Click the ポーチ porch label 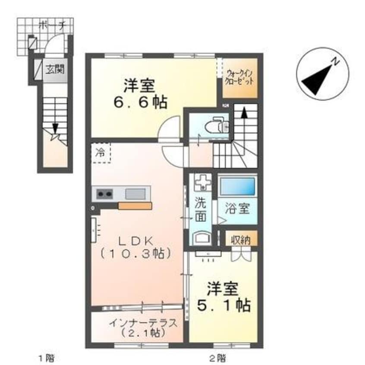[x=51, y=25]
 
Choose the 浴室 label [x=238, y=209]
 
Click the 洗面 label [x=200, y=208]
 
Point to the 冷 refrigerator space [x=101, y=152]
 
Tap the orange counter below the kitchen [x=135, y=206]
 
